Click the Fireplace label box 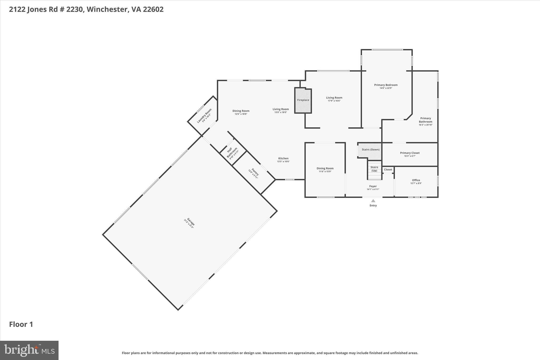303,100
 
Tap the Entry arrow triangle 373,201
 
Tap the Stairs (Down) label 370,150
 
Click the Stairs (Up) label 374,169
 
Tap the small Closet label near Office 388,170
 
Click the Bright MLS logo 29,350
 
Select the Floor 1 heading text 21,324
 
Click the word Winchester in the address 107,9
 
